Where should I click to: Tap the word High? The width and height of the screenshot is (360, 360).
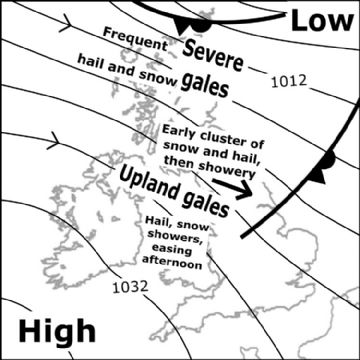(58, 331)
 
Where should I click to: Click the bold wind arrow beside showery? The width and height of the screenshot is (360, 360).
(232, 185)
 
